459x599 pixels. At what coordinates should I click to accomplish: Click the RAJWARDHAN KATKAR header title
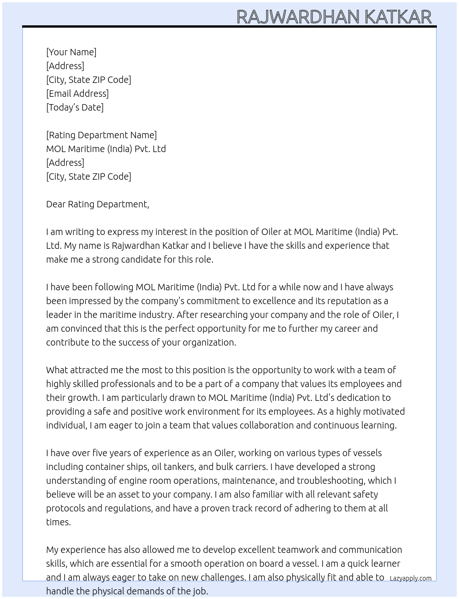point(334,17)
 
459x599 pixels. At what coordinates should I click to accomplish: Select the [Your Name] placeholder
point(71,52)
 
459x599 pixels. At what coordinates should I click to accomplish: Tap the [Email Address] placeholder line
point(77,94)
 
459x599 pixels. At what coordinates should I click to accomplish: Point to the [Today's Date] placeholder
point(75,107)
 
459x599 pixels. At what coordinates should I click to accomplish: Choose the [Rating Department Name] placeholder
point(101,135)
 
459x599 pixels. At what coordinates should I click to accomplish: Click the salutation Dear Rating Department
point(97,204)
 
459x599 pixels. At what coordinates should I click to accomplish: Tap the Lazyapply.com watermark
point(411,578)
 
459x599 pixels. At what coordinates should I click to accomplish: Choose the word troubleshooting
point(330,481)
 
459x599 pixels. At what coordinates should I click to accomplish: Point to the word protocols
point(65,508)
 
